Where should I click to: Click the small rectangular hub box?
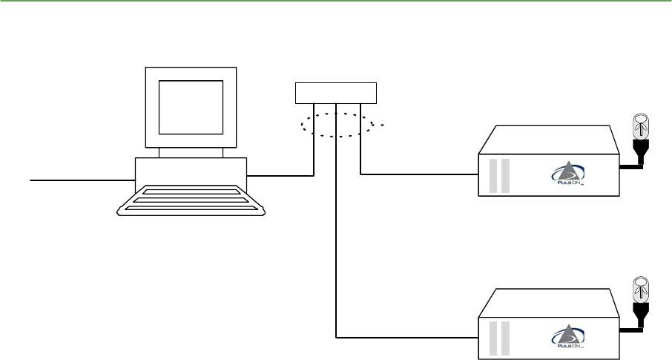tap(336, 94)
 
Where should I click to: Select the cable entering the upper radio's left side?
tap(419, 174)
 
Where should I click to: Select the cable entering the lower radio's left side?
tap(408, 338)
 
